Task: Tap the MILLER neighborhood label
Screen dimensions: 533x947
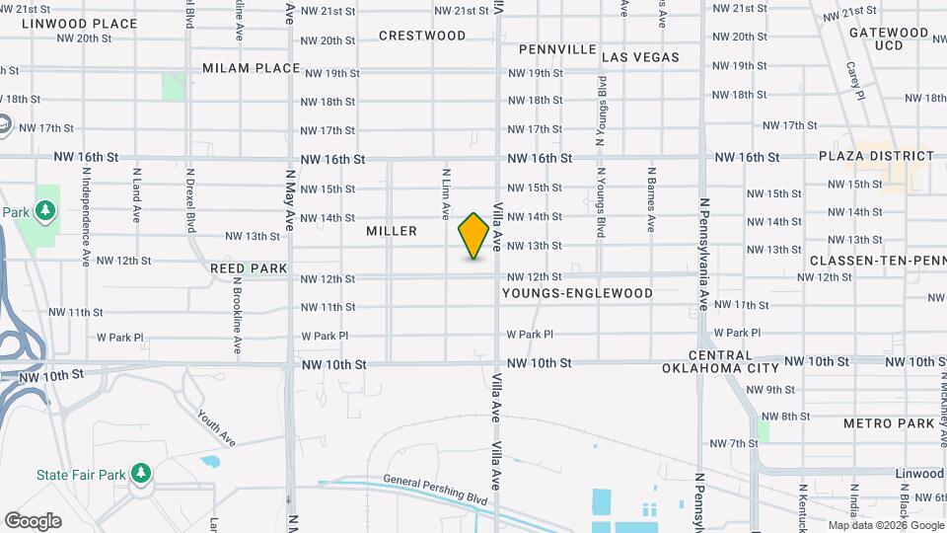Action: [x=392, y=231]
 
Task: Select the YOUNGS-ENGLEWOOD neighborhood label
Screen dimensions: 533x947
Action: [x=577, y=293]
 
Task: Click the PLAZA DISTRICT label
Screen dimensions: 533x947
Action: [x=876, y=156]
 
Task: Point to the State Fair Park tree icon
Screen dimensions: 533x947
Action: [x=142, y=475]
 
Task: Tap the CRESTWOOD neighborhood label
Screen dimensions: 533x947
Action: [x=422, y=36]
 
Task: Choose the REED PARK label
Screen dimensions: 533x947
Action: [x=249, y=268]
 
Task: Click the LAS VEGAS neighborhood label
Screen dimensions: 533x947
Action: [x=640, y=57]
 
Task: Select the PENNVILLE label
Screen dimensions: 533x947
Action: [x=557, y=49]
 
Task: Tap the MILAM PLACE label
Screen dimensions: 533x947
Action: [x=251, y=68]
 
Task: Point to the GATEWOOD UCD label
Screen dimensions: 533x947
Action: [x=889, y=38]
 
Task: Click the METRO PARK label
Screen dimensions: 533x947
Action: [x=889, y=423]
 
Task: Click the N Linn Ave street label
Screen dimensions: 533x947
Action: [x=446, y=192]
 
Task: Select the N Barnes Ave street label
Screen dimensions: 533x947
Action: [x=651, y=198]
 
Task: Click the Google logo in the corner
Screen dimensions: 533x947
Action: [x=33, y=521]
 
